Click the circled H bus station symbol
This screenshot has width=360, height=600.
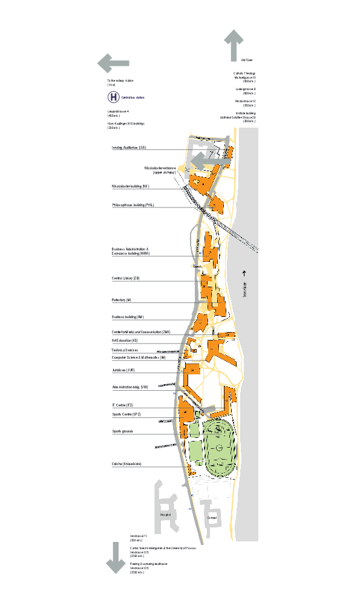pos(114,97)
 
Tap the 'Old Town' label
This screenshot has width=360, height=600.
pos(246,60)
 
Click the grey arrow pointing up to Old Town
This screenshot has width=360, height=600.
pos(234,45)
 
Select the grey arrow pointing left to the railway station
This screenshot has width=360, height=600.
pos(113,62)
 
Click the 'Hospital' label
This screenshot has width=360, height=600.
pos(165,515)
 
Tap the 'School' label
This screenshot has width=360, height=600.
pos(212,518)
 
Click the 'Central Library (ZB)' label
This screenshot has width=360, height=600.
pos(126,278)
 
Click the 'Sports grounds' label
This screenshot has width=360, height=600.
pos(122,431)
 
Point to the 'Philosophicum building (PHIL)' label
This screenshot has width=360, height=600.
pos(133,205)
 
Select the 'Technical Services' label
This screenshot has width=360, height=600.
pos(125,350)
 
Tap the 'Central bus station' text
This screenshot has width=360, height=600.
pos(133,97)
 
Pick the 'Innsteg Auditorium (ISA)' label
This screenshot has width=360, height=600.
pos(129,148)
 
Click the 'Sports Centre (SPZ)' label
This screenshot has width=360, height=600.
pos(126,414)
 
